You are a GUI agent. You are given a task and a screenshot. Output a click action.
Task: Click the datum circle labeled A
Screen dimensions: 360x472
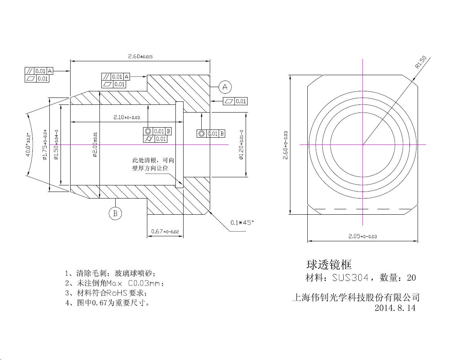pos(225,87)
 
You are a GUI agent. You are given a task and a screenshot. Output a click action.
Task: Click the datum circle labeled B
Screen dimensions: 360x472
pos(115,213)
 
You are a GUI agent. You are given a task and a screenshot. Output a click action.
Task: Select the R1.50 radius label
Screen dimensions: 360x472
pos(421,62)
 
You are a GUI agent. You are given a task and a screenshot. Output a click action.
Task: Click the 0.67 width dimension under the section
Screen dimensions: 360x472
pos(165,231)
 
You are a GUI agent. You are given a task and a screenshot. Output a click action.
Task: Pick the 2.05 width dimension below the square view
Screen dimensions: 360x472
pos(362,236)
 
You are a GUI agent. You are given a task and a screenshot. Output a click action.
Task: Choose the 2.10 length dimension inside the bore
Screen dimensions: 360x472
pos(126,117)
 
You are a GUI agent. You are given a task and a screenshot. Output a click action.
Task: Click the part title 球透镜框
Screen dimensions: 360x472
pos(329,264)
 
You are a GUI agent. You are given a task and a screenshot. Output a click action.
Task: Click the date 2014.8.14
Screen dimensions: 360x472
pos(395,308)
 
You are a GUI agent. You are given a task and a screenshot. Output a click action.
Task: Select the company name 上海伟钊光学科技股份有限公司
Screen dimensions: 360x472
pos(356,298)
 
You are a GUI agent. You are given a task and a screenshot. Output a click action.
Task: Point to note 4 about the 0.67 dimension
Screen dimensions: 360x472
pos(108,303)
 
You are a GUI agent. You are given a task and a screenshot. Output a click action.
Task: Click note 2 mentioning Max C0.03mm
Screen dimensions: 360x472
pos(115,283)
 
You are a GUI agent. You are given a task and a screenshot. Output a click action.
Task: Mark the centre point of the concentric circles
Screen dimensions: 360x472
pos(363,145)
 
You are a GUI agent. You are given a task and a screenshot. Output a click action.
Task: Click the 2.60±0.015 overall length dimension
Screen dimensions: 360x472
pos(140,56)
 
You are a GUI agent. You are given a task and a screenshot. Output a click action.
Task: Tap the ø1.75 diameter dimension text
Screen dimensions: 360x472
pos(45,145)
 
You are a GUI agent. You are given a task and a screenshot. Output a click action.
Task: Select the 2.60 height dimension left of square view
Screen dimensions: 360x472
pos(286,145)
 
